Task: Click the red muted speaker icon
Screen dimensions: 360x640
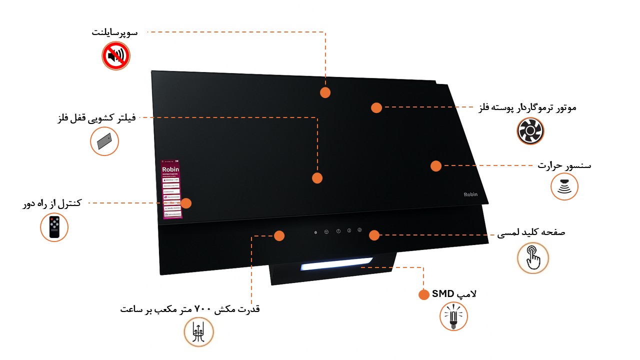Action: pos(116,55)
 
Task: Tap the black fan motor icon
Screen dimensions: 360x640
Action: pos(530,131)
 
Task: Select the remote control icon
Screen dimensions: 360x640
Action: pos(54,227)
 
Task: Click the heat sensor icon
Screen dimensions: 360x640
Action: pos(564,187)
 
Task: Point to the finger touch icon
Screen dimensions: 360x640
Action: pos(533,258)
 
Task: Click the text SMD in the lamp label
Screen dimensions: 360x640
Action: pos(442,294)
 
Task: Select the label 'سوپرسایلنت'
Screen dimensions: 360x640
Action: pos(114,32)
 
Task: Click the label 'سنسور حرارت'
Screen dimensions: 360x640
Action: pos(564,165)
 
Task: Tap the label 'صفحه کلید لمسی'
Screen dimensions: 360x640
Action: pos(531,233)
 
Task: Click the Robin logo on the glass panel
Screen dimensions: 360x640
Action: pos(470,194)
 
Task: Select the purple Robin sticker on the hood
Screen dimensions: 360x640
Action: pos(170,189)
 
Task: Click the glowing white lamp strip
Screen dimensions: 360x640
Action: pos(336,263)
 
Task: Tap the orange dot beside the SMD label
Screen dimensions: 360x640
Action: pos(423,294)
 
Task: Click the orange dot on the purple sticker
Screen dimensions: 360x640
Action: pos(186,203)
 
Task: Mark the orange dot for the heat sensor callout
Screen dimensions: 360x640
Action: pos(436,166)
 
